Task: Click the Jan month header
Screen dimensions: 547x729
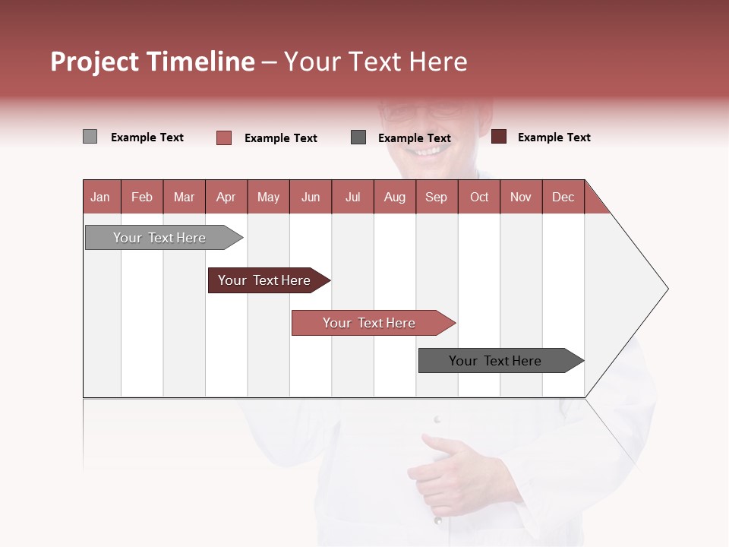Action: coord(100,197)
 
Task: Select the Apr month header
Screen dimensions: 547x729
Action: coord(226,197)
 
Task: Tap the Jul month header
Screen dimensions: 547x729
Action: coord(352,197)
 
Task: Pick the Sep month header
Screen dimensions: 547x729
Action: coord(436,197)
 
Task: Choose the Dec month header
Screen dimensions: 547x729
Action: coord(563,197)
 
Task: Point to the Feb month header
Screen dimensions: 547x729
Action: coord(142,197)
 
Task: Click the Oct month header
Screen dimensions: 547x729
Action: coord(479,197)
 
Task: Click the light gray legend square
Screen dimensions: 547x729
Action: coord(90,137)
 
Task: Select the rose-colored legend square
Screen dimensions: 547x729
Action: coord(223,138)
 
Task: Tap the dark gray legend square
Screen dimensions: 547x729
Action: coord(358,138)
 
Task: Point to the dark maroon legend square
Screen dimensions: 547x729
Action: coord(498,137)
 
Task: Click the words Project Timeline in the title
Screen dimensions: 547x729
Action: coord(153,62)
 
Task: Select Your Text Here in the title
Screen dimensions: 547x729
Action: coord(376,62)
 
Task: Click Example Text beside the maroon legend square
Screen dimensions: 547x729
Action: coord(554,138)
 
